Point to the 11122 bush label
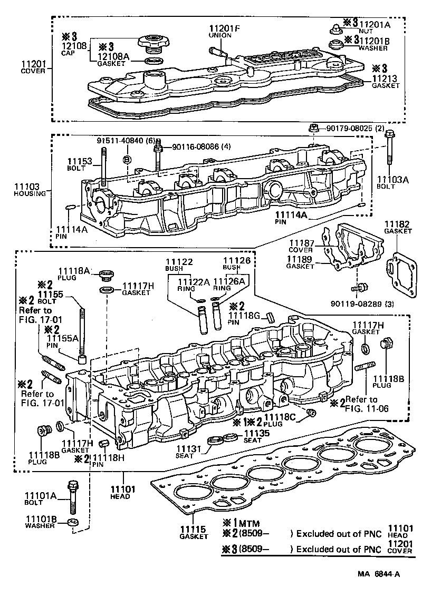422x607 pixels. coord(178,262)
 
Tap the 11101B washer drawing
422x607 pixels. coord(73,523)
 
